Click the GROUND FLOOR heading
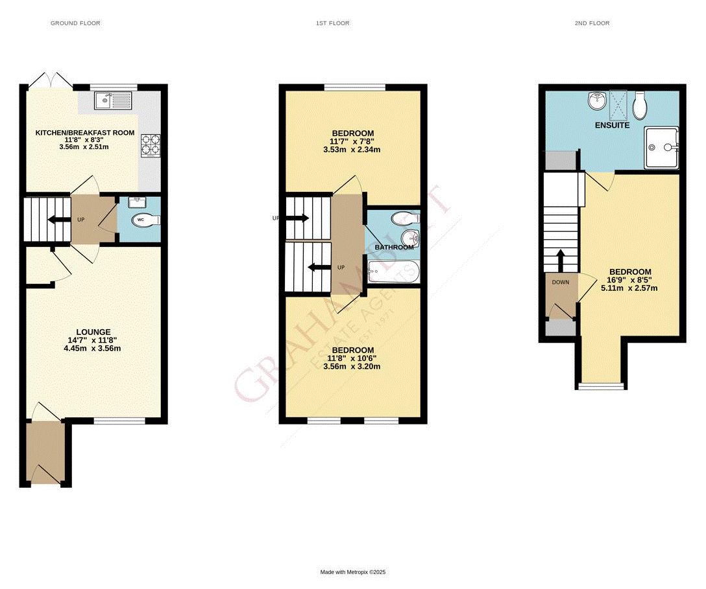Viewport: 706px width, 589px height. pos(75,23)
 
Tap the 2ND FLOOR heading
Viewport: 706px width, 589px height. pos(592,23)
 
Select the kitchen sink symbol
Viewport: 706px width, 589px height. pos(112,101)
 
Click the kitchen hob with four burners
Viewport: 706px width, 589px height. pos(150,146)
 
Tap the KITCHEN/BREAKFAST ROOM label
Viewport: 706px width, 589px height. pos(85,133)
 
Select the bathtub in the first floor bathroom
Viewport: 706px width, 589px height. pos(393,273)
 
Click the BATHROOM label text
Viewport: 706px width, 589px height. pos(394,248)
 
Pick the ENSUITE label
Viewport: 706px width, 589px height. pos(612,125)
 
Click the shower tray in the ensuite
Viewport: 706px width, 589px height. pos(661,148)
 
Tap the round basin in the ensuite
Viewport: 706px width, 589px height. pos(597,100)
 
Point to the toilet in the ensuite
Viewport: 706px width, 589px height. pos(640,104)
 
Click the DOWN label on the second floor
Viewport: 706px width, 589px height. pos(560,283)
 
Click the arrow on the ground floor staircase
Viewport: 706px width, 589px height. pos(57,220)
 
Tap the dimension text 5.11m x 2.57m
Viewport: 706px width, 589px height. pos(629,288)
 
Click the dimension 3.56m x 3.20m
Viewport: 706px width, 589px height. pos(352,366)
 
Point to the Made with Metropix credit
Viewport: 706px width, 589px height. pos(353,572)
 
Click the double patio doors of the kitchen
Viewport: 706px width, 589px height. pos(50,80)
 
